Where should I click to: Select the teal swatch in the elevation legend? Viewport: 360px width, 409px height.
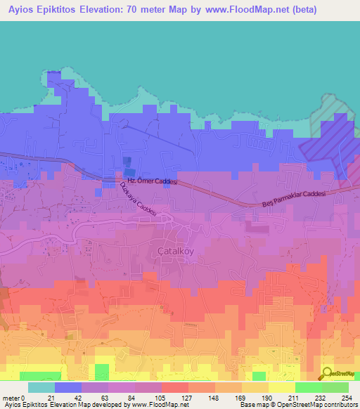pos(41,387)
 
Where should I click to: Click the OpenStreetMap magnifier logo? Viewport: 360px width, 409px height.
pos(326,373)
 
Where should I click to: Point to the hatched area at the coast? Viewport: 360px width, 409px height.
pos(331,134)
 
